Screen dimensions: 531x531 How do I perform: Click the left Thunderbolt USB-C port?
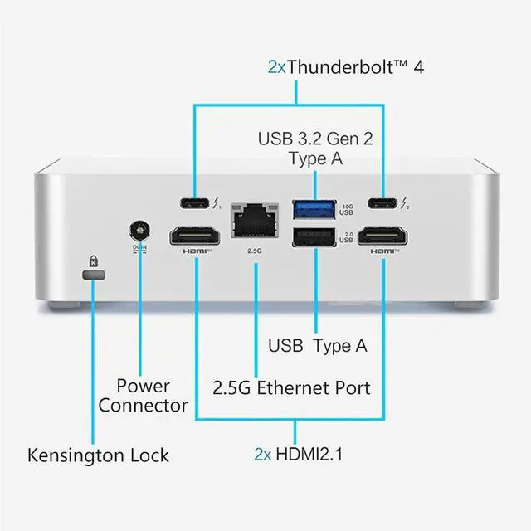[196, 203]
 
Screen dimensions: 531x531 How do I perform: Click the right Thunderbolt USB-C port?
[383, 203]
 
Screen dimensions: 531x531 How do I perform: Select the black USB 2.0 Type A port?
[314, 237]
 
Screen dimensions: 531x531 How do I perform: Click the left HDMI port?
[197, 237]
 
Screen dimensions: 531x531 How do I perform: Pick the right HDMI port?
[383, 237]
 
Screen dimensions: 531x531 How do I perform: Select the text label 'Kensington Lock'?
[98, 455]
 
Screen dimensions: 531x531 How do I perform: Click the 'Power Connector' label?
[143, 396]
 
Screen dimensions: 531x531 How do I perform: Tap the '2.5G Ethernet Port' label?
[291, 387]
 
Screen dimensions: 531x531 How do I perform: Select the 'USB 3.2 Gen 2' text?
[315, 138]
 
